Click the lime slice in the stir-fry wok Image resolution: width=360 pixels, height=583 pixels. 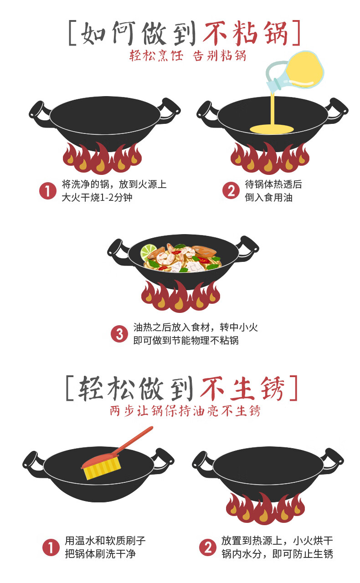pos(149,251)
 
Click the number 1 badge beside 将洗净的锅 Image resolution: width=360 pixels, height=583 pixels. pos(48,191)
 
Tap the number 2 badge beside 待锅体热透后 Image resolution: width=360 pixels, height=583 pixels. pos(231,190)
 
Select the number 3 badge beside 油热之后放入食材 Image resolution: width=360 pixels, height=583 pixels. pos(119,334)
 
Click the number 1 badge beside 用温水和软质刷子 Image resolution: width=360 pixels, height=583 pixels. pos(51,547)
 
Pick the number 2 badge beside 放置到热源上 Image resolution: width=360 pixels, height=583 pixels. pos(208,547)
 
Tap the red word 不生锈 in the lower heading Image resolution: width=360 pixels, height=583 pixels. pos(242,389)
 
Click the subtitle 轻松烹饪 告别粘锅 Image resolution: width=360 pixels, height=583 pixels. pos(188,56)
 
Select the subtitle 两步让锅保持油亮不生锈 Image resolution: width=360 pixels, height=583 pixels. pos(185,411)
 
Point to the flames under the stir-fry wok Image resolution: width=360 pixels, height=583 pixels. pos(180,296)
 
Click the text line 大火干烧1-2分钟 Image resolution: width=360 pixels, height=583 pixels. pos(97,198)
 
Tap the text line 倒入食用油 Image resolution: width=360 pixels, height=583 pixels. pos(268,197)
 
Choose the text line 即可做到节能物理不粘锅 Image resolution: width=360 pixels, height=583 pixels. pos(186,340)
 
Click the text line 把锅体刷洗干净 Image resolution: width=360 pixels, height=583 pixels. pos(100,553)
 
